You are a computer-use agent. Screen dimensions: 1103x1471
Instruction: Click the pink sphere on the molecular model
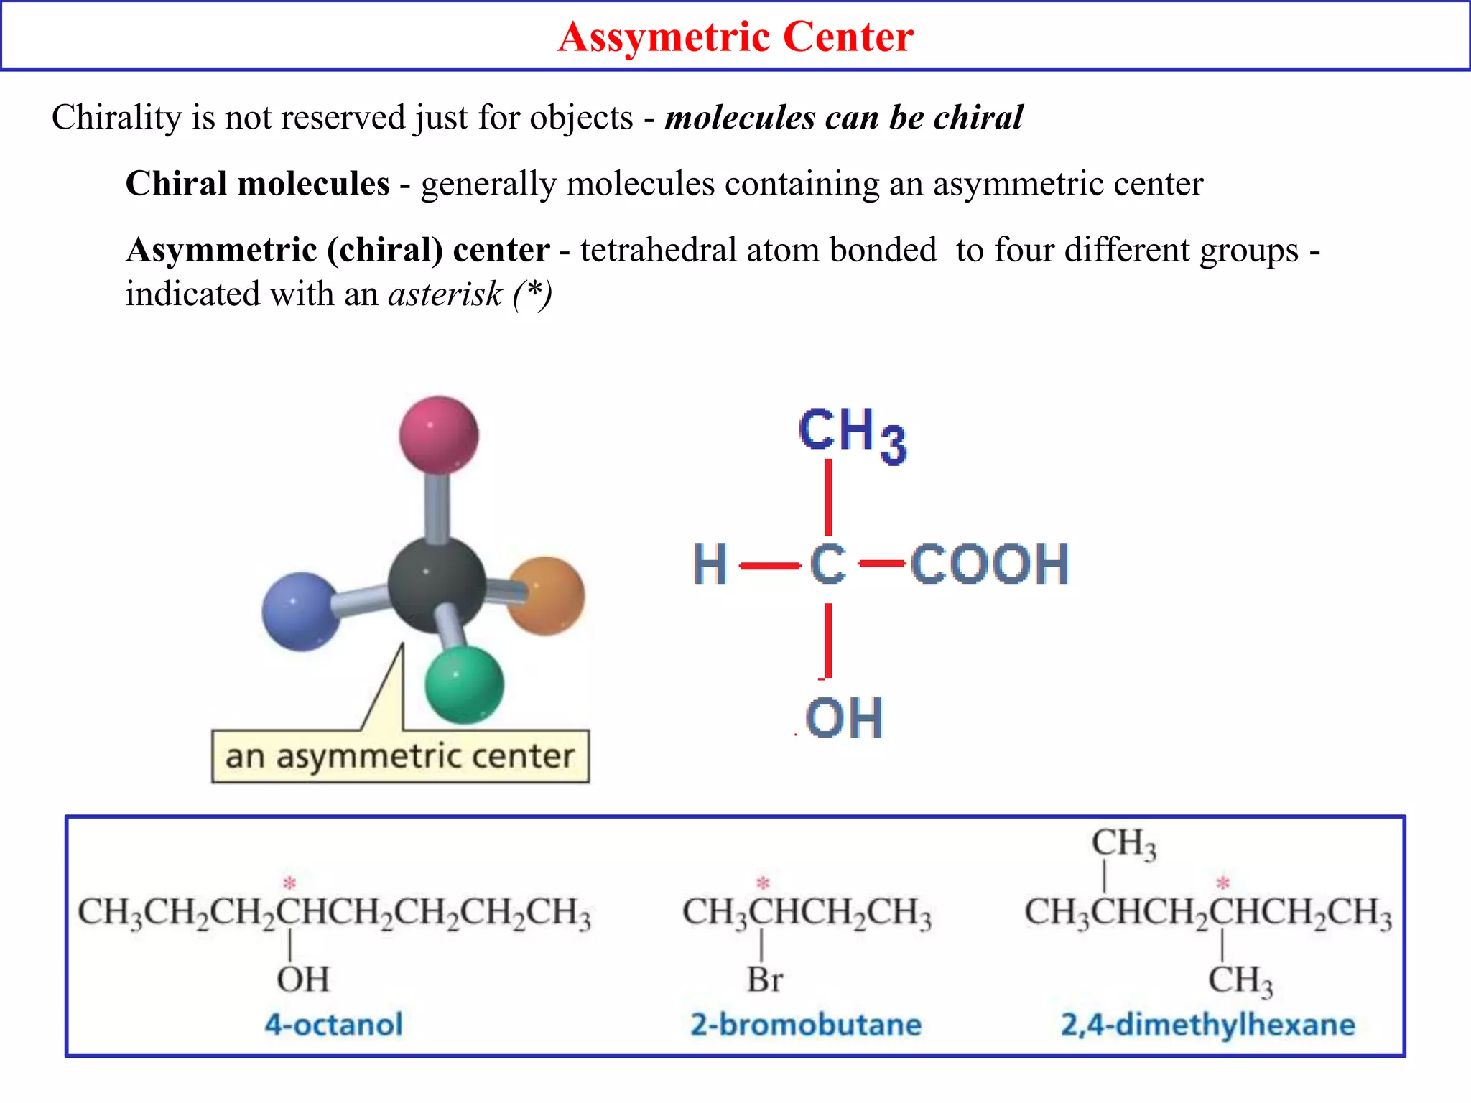[x=439, y=434]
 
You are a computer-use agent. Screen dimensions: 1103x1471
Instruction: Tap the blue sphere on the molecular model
[x=301, y=611]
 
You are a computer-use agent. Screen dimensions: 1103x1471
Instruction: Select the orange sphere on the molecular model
[x=547, y=595]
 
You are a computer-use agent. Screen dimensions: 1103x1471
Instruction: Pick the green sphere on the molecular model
[x=464, y=684]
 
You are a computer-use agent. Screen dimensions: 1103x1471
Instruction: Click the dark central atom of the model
[x=436, y=583]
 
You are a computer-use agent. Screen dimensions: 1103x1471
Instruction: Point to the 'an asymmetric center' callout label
[x=400, y=756]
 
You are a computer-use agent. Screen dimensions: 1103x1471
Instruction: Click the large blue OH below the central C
[x=844, y=718]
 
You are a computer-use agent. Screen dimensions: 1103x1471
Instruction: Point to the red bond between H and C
[x=769, y=566]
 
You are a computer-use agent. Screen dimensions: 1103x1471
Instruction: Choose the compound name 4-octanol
[x=334, y=1024]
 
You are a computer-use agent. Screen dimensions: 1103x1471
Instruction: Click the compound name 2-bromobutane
[x=806, y=1024]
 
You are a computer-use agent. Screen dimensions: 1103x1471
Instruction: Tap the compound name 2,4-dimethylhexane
[x=1208, y=1024]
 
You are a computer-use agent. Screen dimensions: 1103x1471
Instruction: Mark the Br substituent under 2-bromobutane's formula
[x=765, y=979]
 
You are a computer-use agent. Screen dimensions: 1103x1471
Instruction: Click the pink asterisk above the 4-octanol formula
[x=289, y=883]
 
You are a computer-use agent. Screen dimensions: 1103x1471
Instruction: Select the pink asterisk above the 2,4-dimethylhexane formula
[x=1223, y=883]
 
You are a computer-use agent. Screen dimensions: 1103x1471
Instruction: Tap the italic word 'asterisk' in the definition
[x=445, y=294]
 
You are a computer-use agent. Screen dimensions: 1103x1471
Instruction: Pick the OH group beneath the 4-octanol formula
[x=303, y=979]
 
